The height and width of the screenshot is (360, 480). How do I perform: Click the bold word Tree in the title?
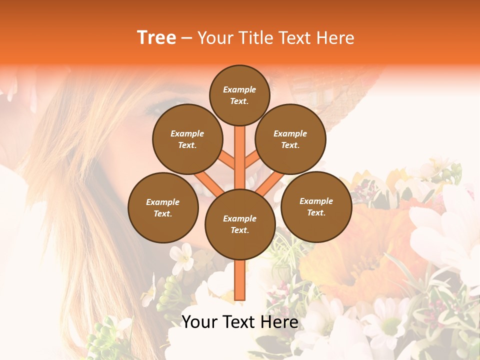[156, 38]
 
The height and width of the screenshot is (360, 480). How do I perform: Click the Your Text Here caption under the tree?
[239, 322]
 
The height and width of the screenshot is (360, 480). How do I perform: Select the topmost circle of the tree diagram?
[239, 95]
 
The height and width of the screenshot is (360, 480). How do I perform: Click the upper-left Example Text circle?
[187, 139]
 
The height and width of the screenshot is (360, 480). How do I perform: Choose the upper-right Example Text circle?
[290, 139]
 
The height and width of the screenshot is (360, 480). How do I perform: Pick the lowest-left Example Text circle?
[163, 207]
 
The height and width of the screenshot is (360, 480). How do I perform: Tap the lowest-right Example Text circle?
[316, 206]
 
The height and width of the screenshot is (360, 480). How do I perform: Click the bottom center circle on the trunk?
[240, 224]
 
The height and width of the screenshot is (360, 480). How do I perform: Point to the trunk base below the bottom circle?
[240, 280]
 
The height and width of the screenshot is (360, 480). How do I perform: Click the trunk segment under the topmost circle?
[240, 150]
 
